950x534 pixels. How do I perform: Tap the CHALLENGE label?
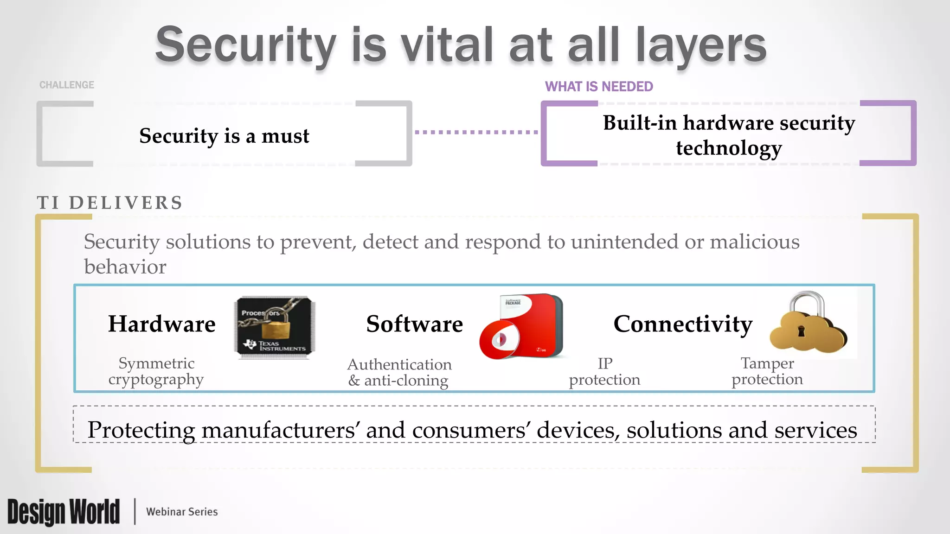pyautogui.click(x=67, y=85)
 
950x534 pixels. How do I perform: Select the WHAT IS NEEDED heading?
pyautogui.click(x=599, y=87)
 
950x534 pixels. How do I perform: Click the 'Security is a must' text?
pyautogui.click(x=224, y=136)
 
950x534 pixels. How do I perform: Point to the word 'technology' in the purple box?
pyautogui.click(x=729, y=148)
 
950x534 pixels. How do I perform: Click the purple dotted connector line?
pyautogui.click(x=476, y=132)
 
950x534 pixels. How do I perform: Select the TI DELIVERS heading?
pyautogui.click(x=110, y=203)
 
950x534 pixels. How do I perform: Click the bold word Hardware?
pyautogui.click(x=162, y=324)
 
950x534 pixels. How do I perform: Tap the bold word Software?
pyautogui.click(x=415, y=324)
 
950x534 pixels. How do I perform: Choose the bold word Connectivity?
pyautogui.click(x=683, y=324)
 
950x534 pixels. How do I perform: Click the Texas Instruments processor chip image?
pyautogui.click(x=275, y=327)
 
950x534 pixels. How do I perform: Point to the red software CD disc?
pyautogui.click(x=500, y=341)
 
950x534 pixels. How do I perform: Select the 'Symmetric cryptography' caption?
pyautogui.click(x=156, y=371)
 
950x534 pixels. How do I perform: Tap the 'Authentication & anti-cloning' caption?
pyautogui.click(x=399, y=372)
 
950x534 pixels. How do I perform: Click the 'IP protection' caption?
pyautogui.click(x=604, y=371)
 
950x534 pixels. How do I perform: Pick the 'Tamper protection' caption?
pyautogui.click(x=767, y=371)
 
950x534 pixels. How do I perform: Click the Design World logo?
pyautogui.click(x=64, y=512)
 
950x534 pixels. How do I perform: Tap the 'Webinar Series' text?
pyautogui.click(x=182, y=512)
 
